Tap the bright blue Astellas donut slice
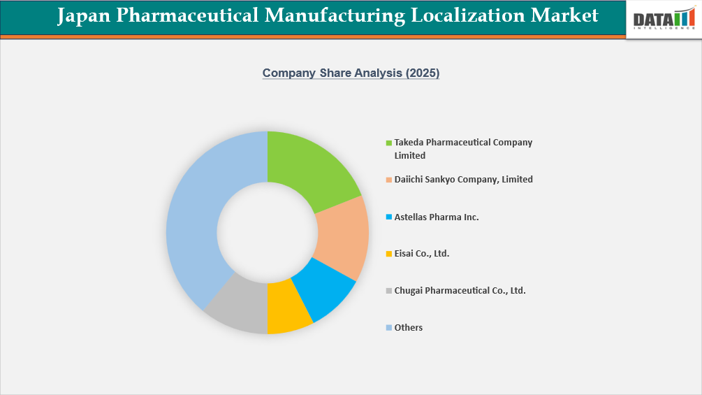coord(322,291)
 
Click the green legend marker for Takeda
coord(389,143)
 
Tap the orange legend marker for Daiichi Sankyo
coord(389,180)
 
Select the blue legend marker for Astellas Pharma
coord(389,217)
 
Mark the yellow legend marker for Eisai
coord(389,254)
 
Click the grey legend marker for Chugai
coord(389,291)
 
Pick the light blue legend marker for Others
coord(389,328)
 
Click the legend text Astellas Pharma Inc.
coord(437,217)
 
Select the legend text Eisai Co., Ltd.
coord(422,254)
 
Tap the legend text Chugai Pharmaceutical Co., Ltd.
coord(460,291)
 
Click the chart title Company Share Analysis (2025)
coord(351,73)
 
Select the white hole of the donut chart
coord(268,232)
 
